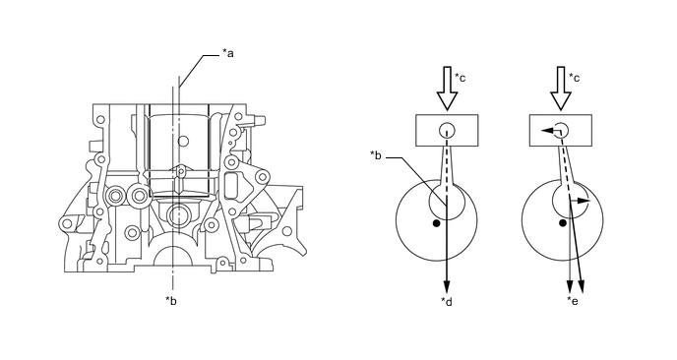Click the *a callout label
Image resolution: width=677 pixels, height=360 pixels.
(228, 53)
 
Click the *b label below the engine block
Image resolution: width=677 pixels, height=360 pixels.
(171, 301)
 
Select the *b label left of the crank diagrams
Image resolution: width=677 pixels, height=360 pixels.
(376, 155)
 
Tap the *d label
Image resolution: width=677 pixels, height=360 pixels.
(447, 302)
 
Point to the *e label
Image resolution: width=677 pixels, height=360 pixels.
(573, 301)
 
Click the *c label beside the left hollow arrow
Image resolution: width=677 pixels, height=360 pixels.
(461, 78)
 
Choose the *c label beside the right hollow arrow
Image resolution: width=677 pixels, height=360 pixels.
(575, 78)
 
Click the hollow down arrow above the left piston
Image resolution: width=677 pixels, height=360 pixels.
(447, 89)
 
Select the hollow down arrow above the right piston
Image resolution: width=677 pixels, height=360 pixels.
(561, 89)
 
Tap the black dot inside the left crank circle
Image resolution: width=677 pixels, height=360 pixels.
(436, 223)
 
